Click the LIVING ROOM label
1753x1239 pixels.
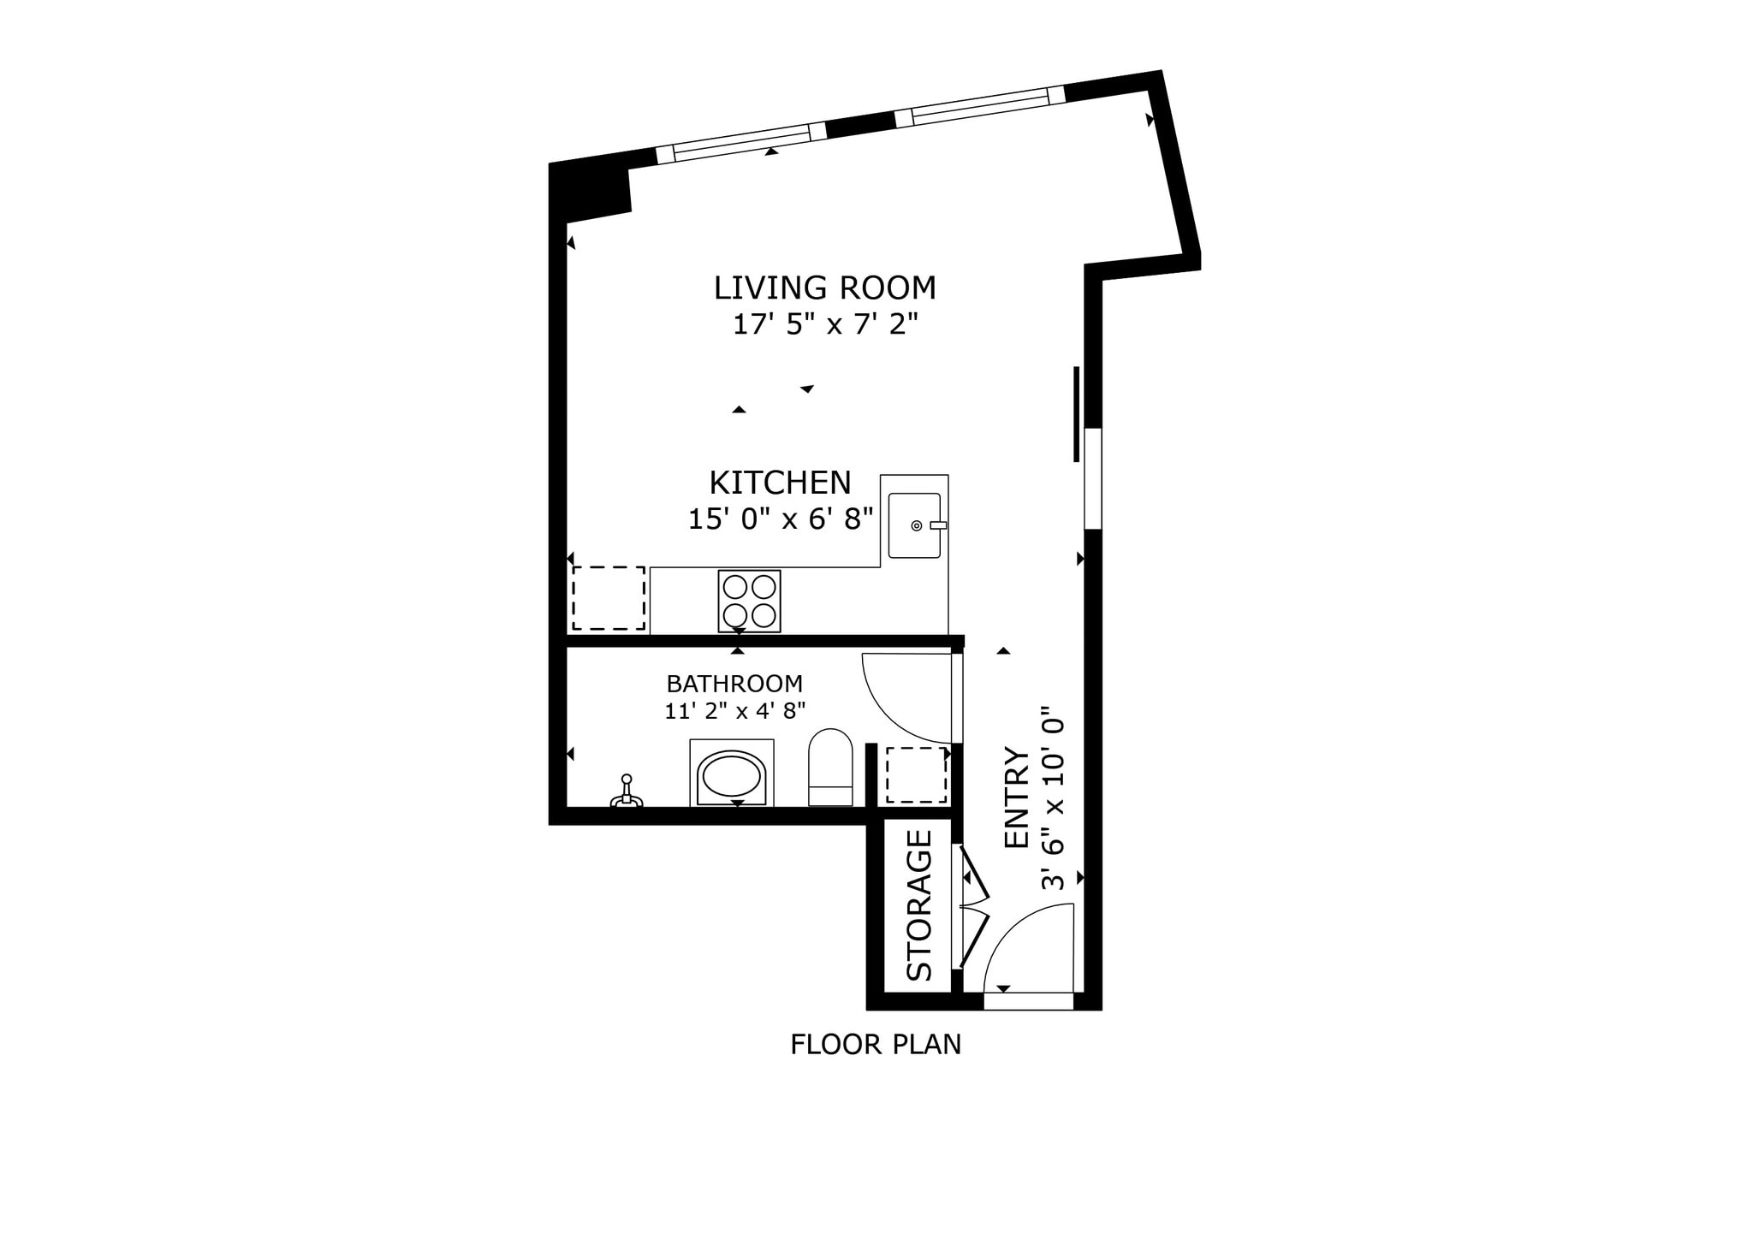[x=824, y=288]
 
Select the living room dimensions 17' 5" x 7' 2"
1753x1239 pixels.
[x=824, y=325]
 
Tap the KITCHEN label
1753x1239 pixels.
[x=780, y=483]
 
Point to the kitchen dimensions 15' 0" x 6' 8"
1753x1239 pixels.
[x=780, y=519]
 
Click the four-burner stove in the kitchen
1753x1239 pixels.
[x=749, y=601]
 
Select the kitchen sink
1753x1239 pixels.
[x=914, y=525]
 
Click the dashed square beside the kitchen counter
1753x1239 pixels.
[x=609, y=598]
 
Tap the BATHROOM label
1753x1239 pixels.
[x=734, y=685]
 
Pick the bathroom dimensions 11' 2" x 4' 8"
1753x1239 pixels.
[x=734, y=711]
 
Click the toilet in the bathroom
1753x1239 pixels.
[x=830, y=767]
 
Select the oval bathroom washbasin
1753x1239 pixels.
[x=732, y=775]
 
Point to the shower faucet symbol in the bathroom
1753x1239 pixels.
[x=627, y=792]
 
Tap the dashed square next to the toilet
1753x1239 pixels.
[x=916, y=775]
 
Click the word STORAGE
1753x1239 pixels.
[x=918, y=905]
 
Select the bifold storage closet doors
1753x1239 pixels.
[x=973, y=907]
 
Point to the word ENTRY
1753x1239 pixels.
[x=1016, y=797]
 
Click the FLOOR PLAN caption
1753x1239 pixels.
[x=875, y=1045]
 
